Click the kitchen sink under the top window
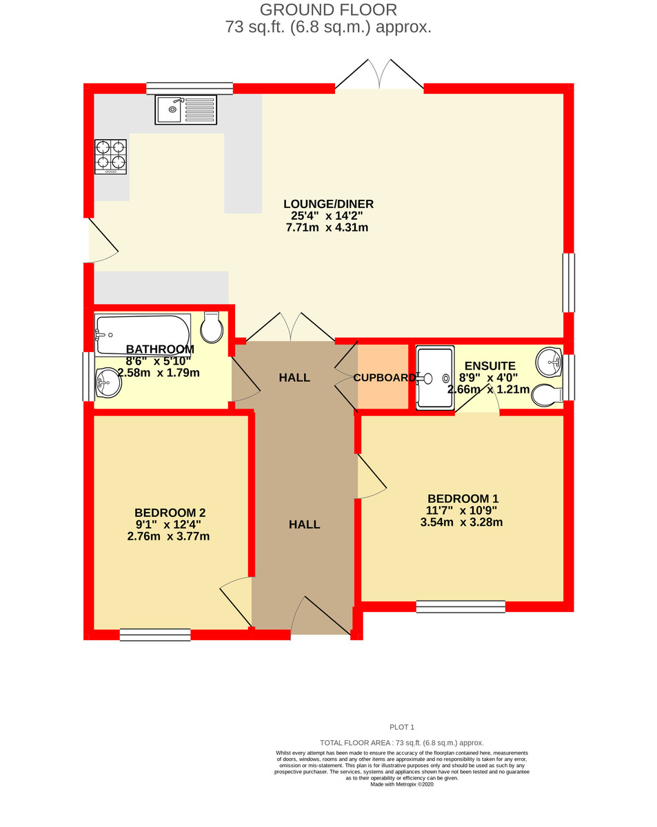(x=185, y=110)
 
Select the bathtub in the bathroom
(x=143, y=334)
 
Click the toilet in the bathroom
(x=212, y=327)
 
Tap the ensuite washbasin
(x=549, y=358)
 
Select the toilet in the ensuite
(x=548, y=396)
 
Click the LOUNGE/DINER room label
(x=328, y=204)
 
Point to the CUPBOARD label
(x=384, y=378)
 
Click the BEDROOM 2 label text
(x=170, y=513)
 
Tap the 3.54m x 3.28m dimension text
(x=461, y=522)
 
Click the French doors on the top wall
(x=378, y=76)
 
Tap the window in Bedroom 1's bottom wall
(x=461, y=606)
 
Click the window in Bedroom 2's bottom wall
(x=155, y=635)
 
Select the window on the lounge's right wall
(x=568, y=283)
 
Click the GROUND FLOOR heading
(x=328, y=10)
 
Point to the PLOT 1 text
(x=402, y=727)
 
